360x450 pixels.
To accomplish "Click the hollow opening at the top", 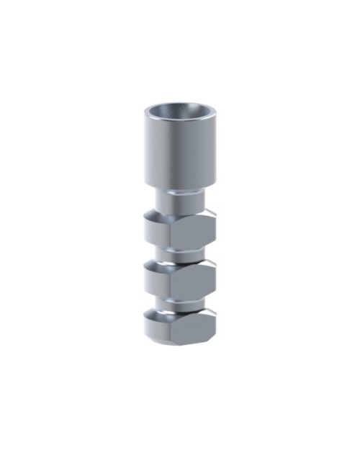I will pos(179,112).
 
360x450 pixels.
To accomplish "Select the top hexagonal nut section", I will pos(179,230).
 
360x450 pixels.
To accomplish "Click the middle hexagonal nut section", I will pos(179,276).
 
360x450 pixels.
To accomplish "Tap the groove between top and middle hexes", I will pos(179,253).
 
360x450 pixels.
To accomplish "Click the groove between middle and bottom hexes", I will pos(179,300).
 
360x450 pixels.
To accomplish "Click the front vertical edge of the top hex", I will pos(171,231).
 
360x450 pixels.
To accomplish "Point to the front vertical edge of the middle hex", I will pos(171,278).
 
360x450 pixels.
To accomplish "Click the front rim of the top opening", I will pos(179,121).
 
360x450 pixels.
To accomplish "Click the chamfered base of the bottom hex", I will pos(179,341).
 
